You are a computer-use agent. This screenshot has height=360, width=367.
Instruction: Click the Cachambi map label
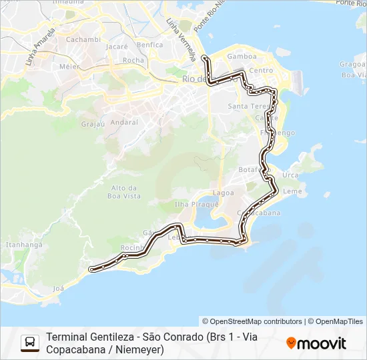(x=83, y=39)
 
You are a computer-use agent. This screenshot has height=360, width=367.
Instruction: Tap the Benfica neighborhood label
(x=149, y=45)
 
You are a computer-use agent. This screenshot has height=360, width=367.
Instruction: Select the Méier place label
(x=69, y=67)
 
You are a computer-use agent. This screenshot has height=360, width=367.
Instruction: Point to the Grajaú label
(x=93, y=124)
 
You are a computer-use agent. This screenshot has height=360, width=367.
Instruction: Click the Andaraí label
(x=125, y=123)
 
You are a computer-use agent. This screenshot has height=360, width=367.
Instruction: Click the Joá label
(x=59, y=289)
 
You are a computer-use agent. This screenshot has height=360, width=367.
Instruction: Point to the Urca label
(x=290, y=175)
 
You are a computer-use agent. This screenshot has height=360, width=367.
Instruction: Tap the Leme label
(x=294, y=191)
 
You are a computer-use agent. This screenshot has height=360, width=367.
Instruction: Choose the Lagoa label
(x=223, y=193)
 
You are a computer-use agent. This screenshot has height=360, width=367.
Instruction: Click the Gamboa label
(x=242, y=57)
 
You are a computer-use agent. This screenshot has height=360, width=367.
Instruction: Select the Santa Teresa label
(x=248, y=106)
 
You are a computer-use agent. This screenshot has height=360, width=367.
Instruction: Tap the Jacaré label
(x=116, y=47)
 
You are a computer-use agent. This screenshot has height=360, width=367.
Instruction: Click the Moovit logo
(x=316, y=343)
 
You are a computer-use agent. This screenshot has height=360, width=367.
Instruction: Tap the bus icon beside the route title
(x=30, y=343)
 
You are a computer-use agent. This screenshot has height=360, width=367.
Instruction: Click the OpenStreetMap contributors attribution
(x=252, y=321)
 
